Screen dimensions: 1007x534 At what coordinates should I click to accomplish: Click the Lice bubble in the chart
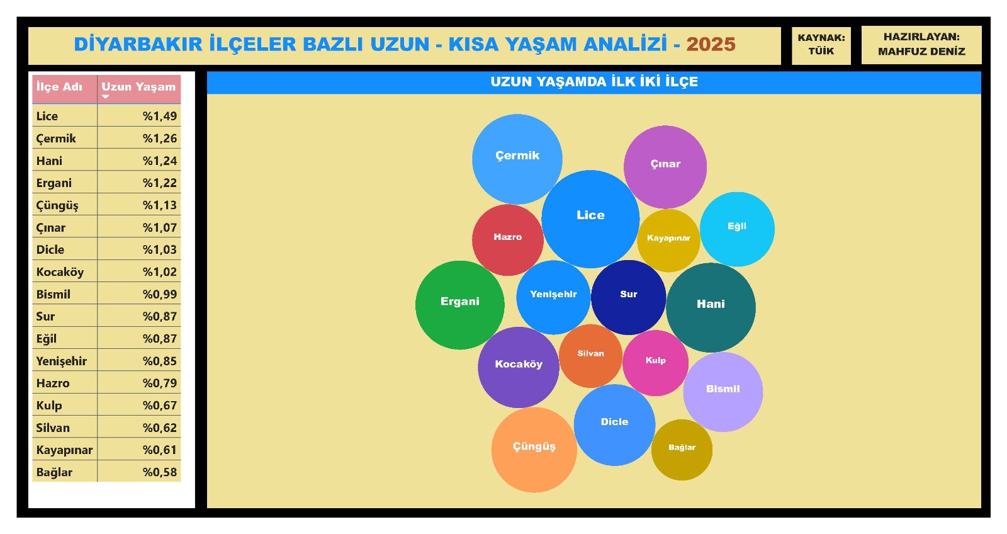590,219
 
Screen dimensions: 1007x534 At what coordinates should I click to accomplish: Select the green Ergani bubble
460,305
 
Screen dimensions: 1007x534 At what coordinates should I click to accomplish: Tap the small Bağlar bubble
682,450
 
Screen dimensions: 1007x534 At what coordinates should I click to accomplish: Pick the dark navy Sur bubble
629,297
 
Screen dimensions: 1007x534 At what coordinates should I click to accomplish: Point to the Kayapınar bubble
668,241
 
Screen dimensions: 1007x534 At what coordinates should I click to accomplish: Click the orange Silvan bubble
591,356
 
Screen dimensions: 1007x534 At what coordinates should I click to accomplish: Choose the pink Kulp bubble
655,363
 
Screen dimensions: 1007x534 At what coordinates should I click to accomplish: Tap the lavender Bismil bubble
723,392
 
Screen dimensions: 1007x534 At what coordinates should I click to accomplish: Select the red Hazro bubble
507,240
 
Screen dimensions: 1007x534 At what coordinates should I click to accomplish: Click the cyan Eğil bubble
737,229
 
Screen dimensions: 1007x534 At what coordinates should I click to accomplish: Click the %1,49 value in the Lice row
160,116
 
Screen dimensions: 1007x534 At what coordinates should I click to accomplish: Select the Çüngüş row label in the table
57,205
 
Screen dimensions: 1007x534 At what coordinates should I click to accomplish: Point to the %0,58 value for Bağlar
160,472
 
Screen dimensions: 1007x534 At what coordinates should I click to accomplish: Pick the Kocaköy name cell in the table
60,272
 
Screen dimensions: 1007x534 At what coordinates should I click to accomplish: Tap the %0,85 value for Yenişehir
160,361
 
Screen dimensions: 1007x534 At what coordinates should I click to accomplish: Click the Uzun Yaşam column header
138,87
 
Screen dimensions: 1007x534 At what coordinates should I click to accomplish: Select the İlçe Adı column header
59,87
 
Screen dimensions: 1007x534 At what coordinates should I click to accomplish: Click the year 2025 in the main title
711,44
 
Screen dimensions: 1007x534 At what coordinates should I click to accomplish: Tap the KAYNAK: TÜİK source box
821,45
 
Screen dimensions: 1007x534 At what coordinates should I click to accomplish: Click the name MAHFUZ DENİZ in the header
921,52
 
